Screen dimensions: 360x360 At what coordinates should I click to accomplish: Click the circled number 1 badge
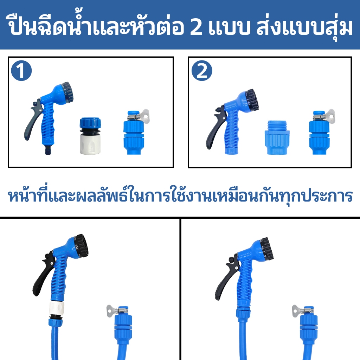pos(21,71)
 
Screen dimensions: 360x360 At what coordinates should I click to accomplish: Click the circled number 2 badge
pos(202,71)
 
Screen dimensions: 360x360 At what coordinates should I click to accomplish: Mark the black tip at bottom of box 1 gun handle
pos(48,151)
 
